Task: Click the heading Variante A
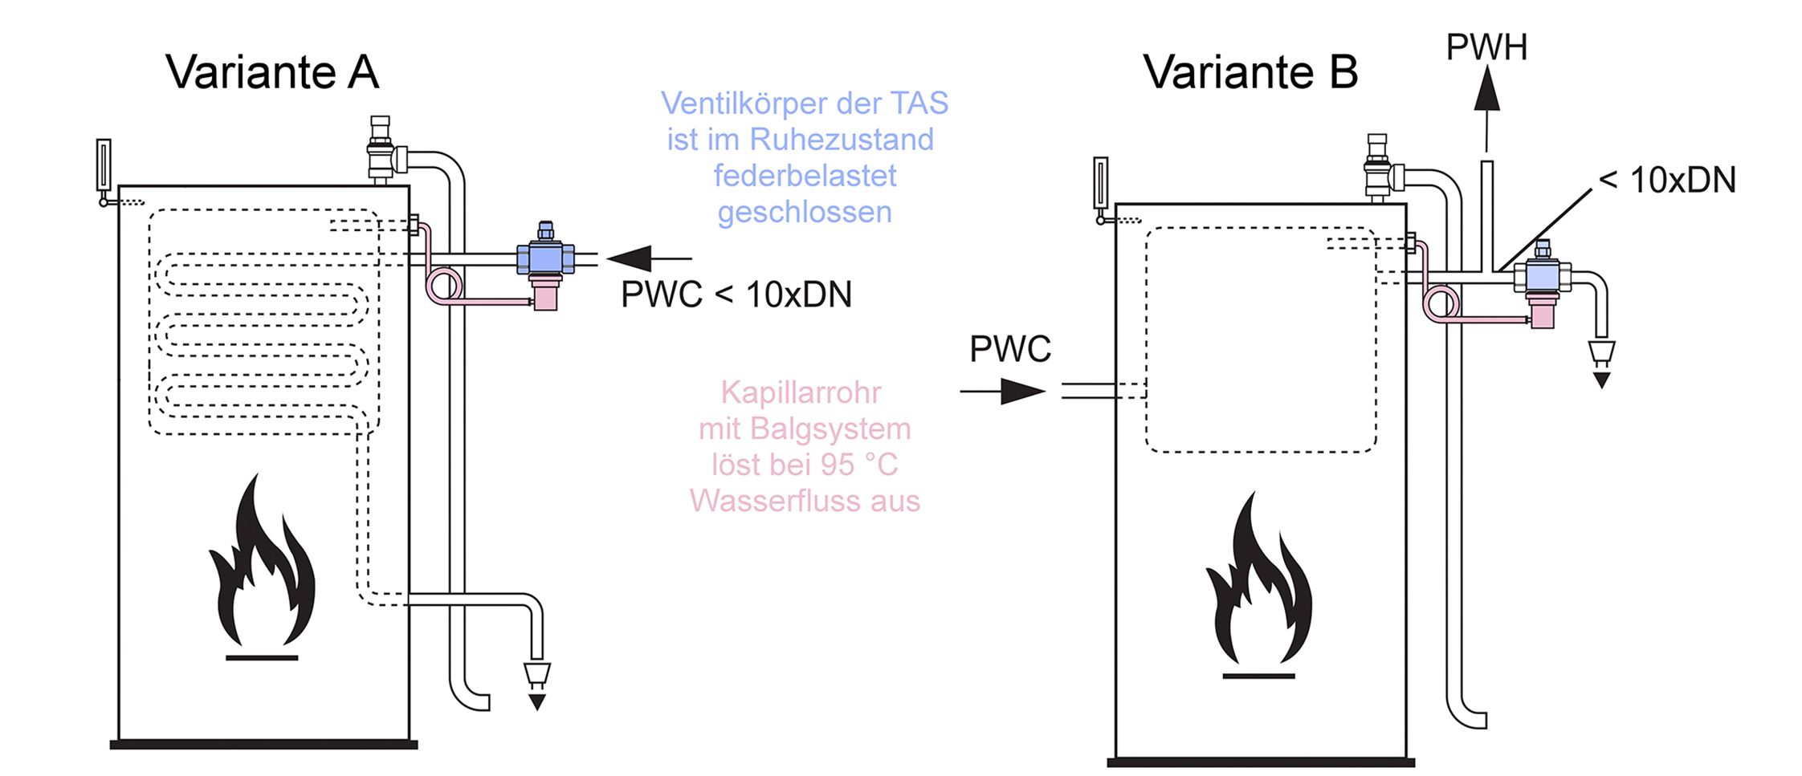point(272,72)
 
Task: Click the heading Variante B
point(1250,72)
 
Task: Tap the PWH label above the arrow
point(1486,47)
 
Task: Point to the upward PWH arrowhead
point(1487,88)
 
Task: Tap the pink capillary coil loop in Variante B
point(1441,303)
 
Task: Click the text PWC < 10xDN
point(736,295)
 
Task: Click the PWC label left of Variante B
point(1010,349)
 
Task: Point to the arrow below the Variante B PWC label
point(1003,392)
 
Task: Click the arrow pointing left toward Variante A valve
point(649,258)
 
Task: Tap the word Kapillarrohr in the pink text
point(801,392)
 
